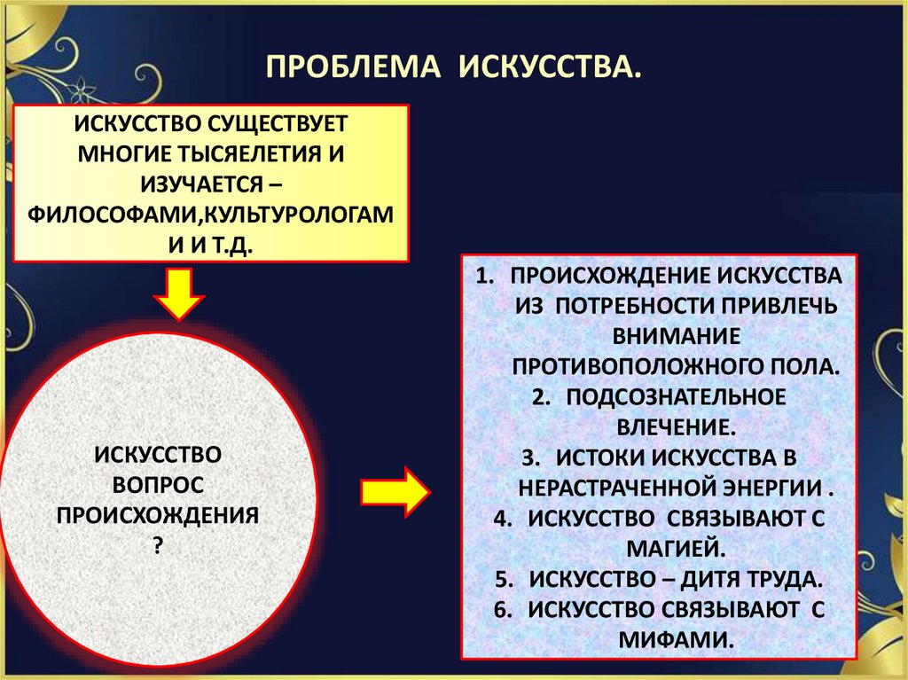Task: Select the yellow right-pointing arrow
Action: click(x=395, y=490)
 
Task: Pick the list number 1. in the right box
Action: click(x=483, y=275)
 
